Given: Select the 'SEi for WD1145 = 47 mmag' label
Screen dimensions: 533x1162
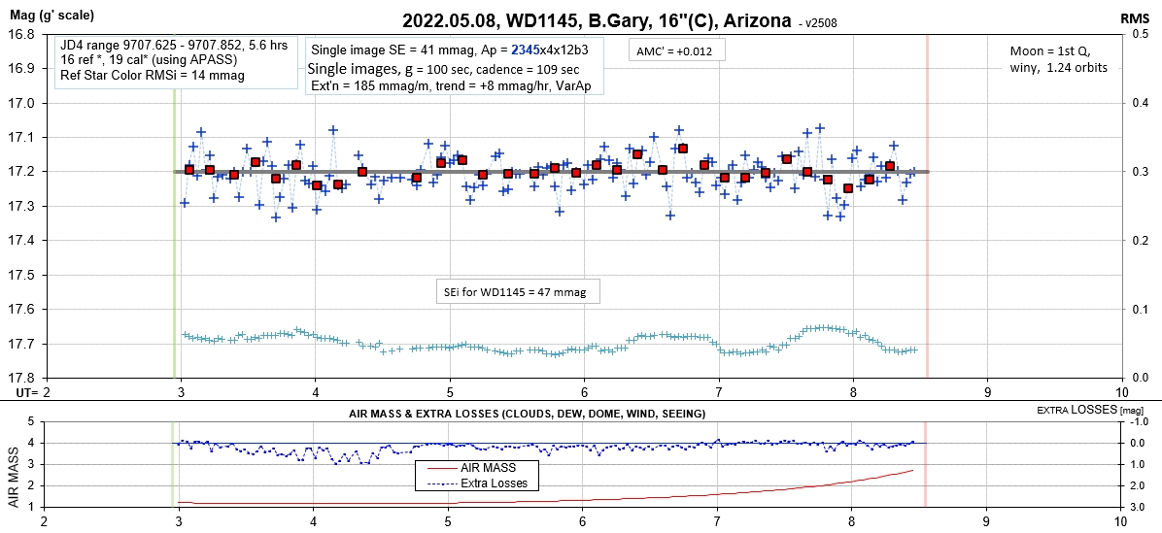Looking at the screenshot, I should coord(516,290).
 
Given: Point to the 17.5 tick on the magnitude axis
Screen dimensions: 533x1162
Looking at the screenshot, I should coord(22,275).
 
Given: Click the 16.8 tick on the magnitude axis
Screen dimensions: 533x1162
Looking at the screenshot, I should coord(22,34).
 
